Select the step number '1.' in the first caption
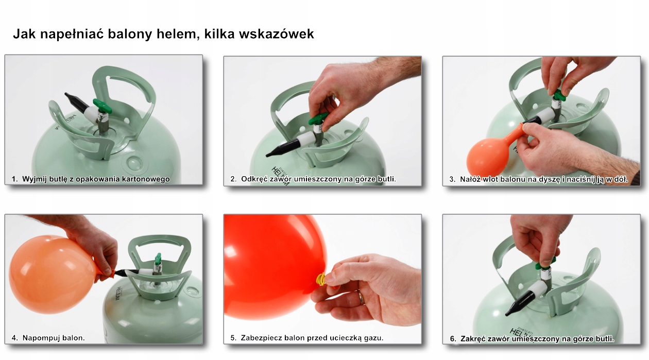click(15, 179)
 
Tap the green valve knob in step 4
click(158, 258)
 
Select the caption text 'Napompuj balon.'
click(54, 338)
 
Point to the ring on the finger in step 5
click(361, 297)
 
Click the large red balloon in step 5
click(273, 263)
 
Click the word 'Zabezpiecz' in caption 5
click(261, 338)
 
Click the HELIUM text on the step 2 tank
click(279, 169)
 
